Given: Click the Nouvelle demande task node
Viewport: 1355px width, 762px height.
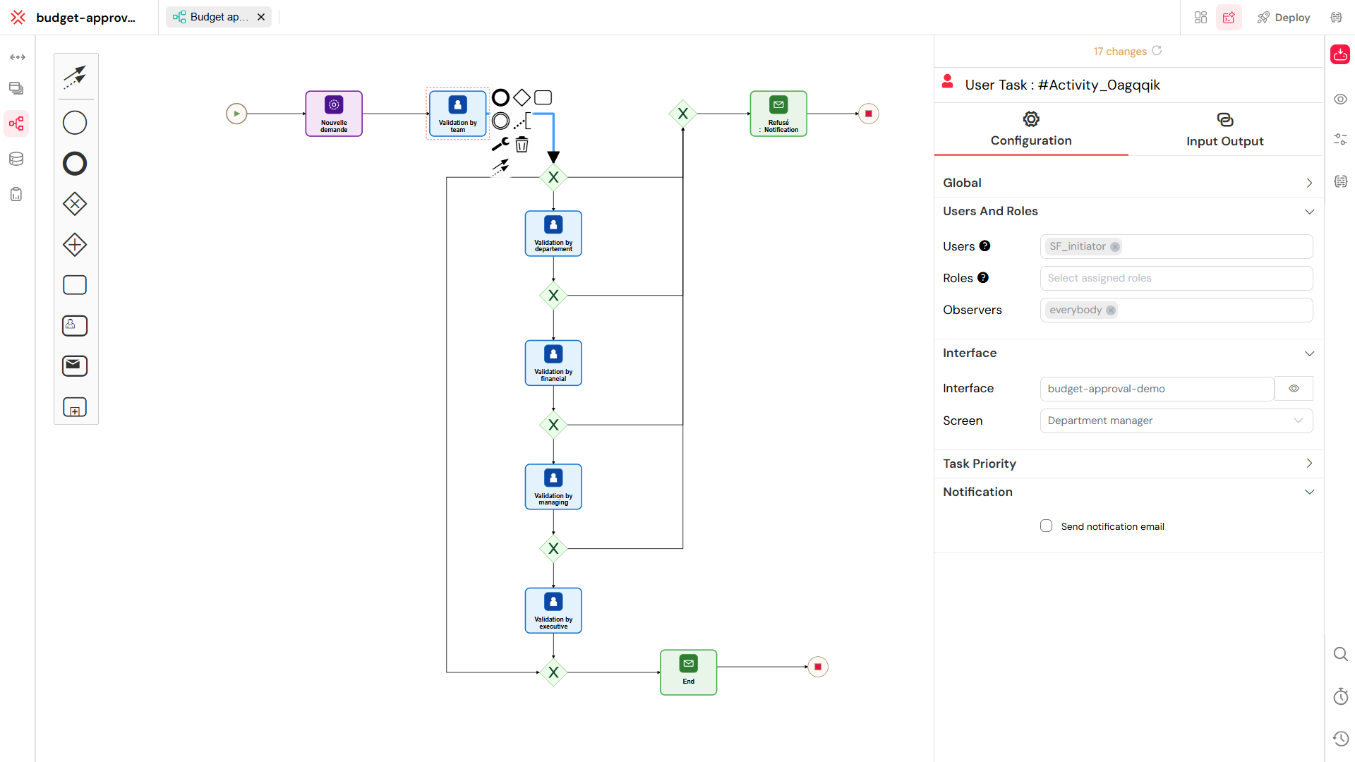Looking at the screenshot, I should pos(334,114).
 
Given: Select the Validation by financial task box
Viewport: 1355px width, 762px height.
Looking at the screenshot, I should pos(553,363).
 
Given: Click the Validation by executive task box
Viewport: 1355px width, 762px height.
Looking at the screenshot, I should pos(553,610).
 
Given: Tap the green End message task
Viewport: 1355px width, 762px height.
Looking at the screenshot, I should pos(688,672).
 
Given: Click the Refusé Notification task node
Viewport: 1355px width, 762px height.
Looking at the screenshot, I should pos(778,114).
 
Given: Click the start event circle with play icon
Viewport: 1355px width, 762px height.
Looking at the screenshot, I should pos(236,114).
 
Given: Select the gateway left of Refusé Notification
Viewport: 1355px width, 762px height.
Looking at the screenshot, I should pos(682,114).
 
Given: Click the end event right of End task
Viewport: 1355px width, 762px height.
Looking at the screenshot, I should pos(818,667).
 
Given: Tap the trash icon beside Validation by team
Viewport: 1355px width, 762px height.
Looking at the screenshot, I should pos(522,145).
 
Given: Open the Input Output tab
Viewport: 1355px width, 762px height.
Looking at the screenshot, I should pos(1224,130).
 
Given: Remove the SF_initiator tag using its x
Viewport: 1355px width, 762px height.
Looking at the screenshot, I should pos(1115,247).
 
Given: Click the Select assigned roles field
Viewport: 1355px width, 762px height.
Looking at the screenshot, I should pos(1176,278).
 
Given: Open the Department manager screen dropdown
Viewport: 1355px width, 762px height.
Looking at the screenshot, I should pos(1176,421).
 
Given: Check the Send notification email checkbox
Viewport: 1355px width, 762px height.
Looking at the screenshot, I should pos(1046,526).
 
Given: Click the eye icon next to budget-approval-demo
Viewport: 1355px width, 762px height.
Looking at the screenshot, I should pos(1294,389).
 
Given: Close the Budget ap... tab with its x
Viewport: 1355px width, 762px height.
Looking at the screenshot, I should pos(261,17).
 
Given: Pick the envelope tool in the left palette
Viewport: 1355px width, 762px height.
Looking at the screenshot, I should pos(75,365).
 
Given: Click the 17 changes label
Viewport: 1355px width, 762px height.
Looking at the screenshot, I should pos(1120,52).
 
